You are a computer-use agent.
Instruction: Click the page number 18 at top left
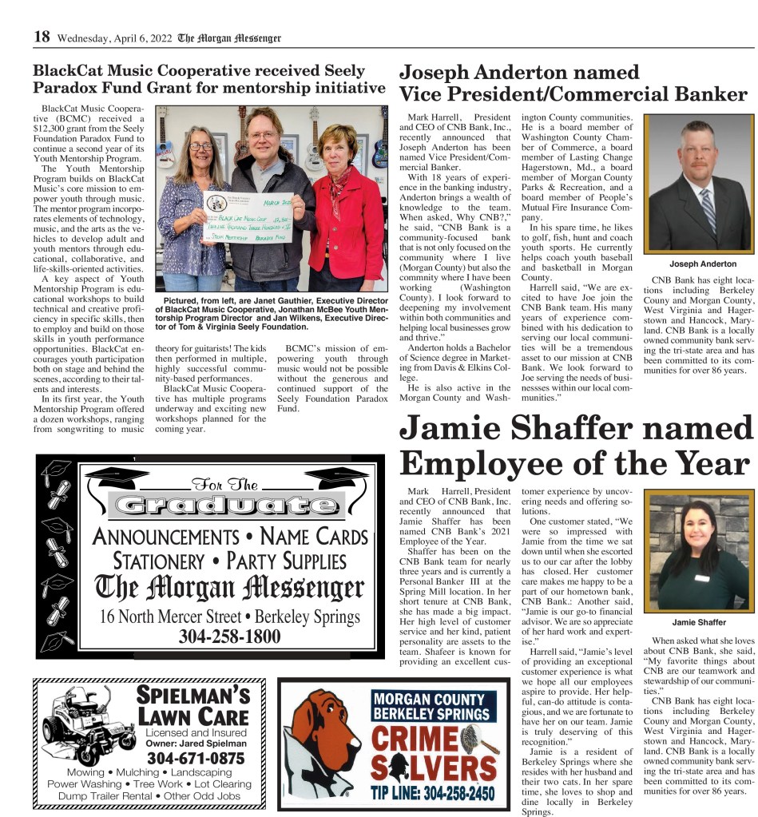(42, 37)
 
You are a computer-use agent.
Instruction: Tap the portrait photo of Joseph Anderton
(700, 184)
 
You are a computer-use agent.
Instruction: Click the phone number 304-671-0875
(196, 757)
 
